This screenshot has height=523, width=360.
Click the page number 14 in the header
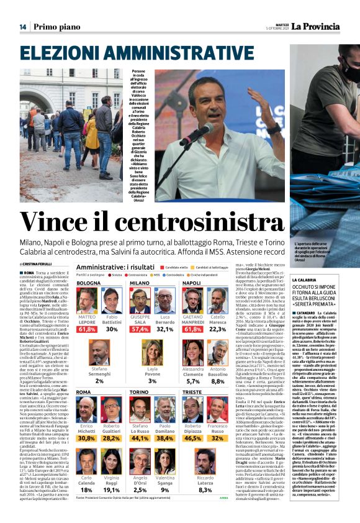[x=23, y=27]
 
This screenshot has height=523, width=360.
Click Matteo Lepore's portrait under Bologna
[x=87, y=301]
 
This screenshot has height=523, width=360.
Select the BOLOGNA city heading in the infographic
[x=89, y=283]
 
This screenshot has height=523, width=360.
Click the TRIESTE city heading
[x=192, y=393]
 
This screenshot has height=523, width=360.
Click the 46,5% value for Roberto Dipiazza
[x=194, y=438]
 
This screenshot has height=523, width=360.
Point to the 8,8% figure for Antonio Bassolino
[x=218, y=381]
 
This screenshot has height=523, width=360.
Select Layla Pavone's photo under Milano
[x=152, y=352]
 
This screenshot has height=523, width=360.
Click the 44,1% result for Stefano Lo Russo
[x=140, y=438]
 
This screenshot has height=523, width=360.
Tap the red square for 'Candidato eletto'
[x=161, y=267]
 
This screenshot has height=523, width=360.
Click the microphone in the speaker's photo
[x=196, y=134]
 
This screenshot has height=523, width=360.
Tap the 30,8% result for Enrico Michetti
[x=88, y=438]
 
